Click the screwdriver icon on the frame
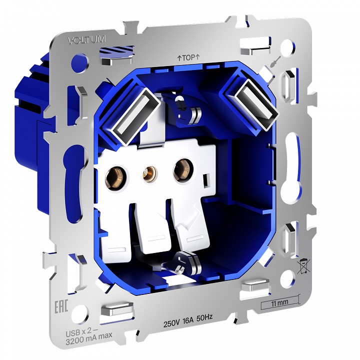click(x=274, y=62)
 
